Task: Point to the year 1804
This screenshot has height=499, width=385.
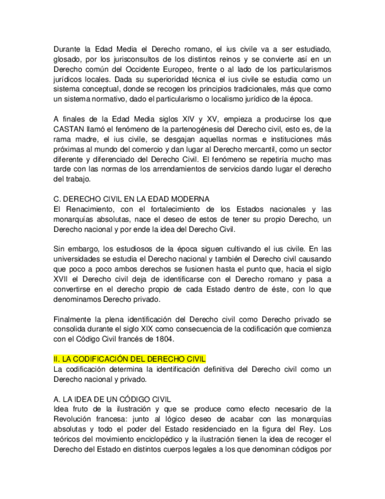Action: pyautogui.click(x=164, y=339)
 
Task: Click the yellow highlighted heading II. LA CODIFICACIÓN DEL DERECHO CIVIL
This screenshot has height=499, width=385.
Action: pyautogui.click(x=129, y=359)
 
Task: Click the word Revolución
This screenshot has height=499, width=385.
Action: pyautogui.click(x=75, y=419)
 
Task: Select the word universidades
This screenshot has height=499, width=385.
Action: pyautogui.click(x=79, y=258)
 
